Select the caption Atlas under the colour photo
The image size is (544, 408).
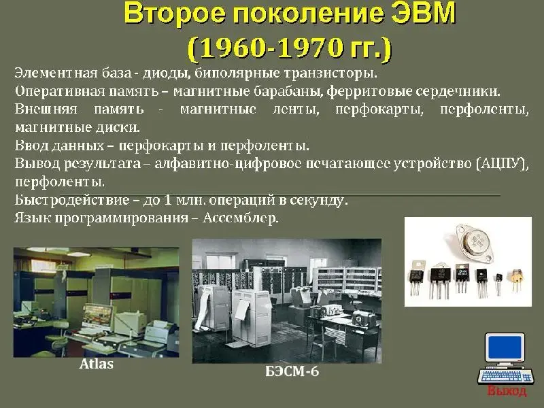[97, 364]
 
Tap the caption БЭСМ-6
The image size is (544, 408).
[292, 371]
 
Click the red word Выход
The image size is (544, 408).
[507, 391]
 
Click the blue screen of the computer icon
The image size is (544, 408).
[505, 347]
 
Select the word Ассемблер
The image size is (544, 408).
[241, 218]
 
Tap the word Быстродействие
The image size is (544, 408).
[72, 200]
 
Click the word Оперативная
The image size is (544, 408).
[60, 91]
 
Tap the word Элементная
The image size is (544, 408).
[56, 73]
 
